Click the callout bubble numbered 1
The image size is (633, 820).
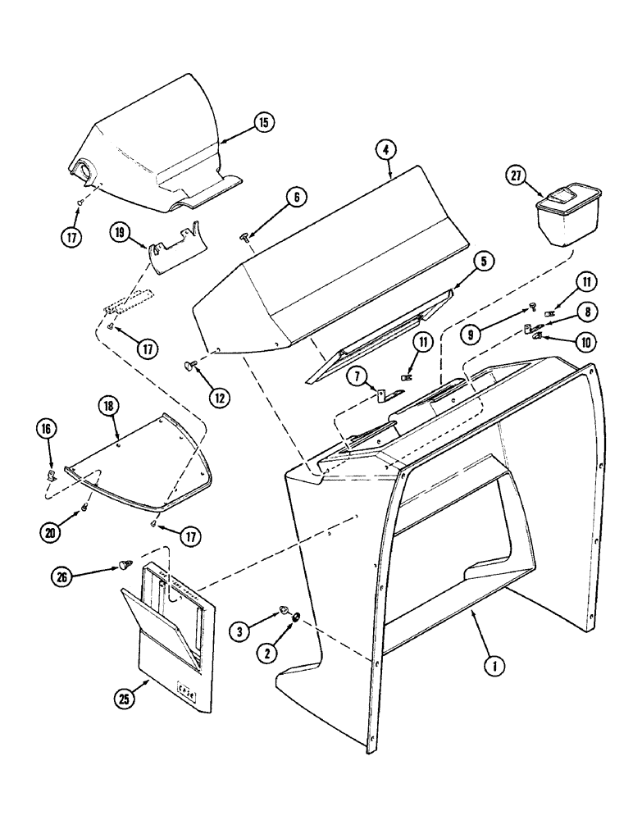coord(492,667)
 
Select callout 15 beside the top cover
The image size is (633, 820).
coord(263,123)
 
